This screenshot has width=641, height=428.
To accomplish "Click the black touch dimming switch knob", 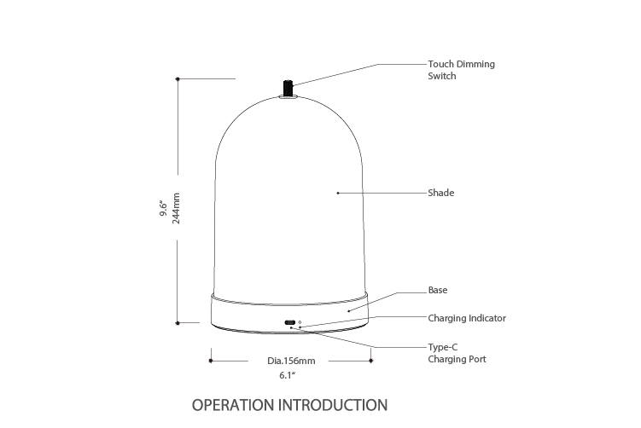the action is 288,88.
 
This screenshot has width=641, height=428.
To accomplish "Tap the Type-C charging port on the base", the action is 290,322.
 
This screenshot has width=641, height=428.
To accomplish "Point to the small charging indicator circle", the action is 300,322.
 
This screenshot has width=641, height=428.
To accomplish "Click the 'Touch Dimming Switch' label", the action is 461,70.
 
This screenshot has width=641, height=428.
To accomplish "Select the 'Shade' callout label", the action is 440,193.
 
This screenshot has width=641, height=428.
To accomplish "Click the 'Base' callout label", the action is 437,290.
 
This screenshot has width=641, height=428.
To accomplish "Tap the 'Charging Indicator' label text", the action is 467,318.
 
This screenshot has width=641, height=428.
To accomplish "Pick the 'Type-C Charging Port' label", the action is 457,353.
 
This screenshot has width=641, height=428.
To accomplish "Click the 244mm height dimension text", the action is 176,208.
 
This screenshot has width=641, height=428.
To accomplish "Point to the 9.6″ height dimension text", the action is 164,208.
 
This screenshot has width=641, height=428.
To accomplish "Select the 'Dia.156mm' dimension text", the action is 291,361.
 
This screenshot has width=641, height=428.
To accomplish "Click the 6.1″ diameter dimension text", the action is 288,375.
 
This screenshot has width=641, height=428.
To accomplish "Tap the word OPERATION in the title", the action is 233,405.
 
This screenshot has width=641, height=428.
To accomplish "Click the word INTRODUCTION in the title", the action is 333,405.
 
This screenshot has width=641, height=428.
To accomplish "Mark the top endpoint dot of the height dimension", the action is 178,78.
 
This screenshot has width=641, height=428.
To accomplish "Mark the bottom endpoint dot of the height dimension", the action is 178,323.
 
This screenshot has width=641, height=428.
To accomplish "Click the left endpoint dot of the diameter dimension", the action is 211,361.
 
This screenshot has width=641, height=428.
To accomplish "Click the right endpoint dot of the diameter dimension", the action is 370,361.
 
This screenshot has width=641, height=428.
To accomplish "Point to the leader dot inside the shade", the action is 338,193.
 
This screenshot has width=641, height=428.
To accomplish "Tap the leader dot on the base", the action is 349,311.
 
